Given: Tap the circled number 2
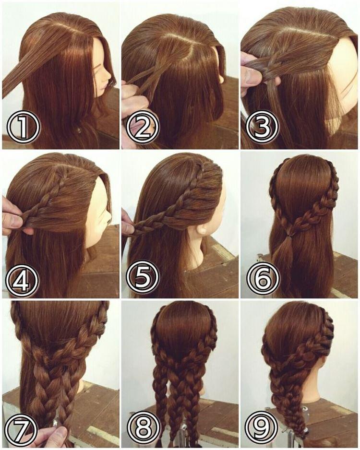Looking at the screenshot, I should click(x=142, y=128).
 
